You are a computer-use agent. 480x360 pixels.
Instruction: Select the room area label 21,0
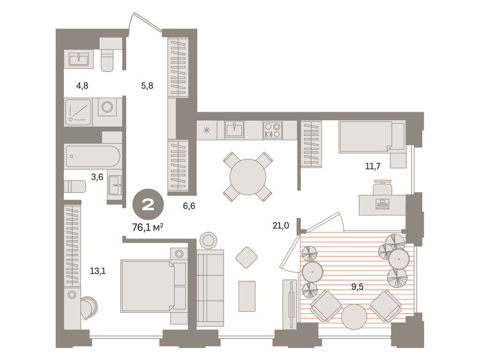pyautogui.click(x=280, y=225)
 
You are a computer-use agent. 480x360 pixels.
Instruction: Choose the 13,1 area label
pyautogui.click(x=97, y=270)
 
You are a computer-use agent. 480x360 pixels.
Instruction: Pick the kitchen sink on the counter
pyautogui.click(x=234, y=129)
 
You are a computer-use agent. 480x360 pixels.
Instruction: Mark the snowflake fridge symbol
pyautogui.click(x=207, y=130)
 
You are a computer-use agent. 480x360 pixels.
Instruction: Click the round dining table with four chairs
pyautogui.click(x=248, y=176)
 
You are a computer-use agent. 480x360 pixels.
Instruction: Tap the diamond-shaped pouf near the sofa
pyautogui.click(x=247, y=257)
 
